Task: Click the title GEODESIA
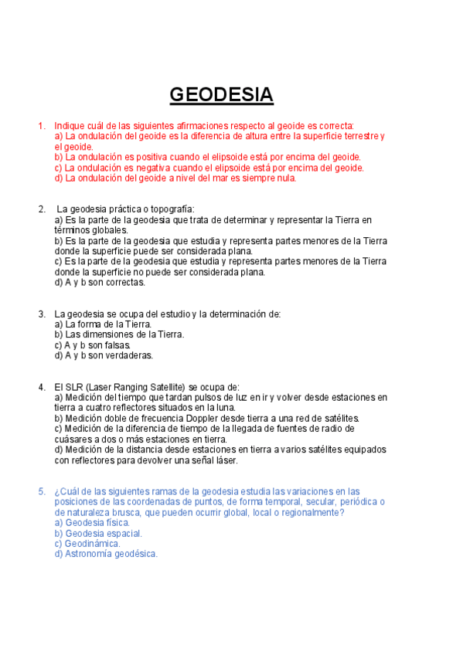pyautogui.click(x=221, y=95)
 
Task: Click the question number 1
pyautogui.click(x=41, y=125)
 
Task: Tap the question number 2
pyautogui.click(x=41, y=209)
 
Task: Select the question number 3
pyautogui.click(x=41, y=314)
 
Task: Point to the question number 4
pyautogui.click(x=41, y=387)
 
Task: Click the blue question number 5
pyautogui.click(x=41, y=491)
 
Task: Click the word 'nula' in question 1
pyautogui.click(x=283, y=178)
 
